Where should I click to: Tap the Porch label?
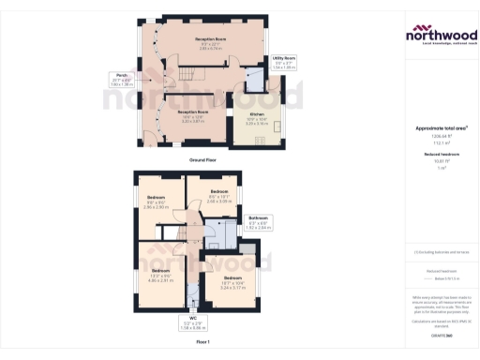(x=122, y=76)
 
